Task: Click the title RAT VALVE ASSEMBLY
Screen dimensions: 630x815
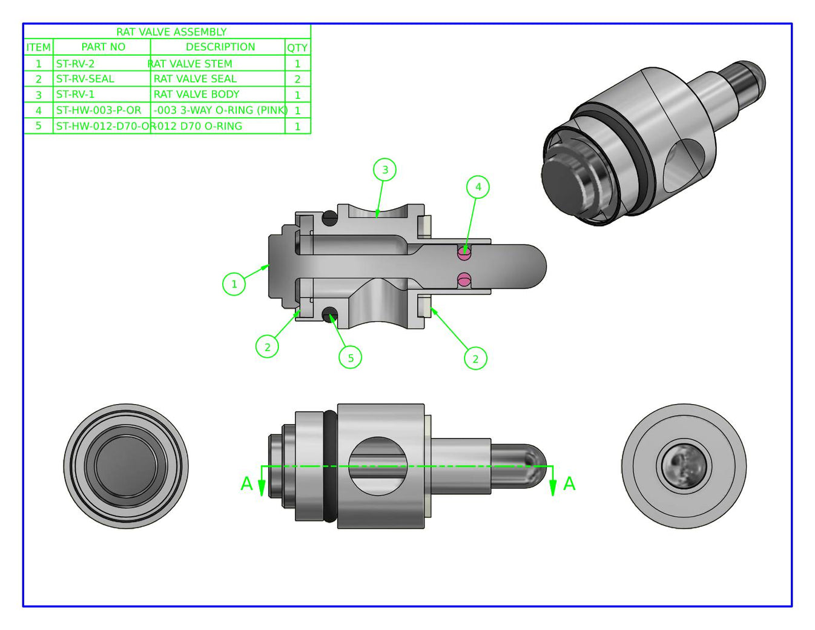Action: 171,32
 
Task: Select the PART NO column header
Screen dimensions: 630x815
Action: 103,47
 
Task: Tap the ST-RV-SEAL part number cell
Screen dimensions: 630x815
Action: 85,79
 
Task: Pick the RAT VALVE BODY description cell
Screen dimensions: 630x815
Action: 197,94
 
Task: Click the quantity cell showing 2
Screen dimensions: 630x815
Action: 297,79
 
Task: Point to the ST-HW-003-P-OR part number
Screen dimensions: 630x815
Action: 99,110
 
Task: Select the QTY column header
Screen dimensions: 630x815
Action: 297,47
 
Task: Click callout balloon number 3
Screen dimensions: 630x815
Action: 385,170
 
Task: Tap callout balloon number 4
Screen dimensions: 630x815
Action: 478,187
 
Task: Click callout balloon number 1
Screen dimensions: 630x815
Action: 234,283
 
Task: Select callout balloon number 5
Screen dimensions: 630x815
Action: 350,357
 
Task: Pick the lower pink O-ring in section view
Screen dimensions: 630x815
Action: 464,279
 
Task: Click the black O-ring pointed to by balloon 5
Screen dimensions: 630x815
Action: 330,314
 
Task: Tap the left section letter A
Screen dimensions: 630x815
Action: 246,484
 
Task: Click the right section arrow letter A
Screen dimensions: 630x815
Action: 569,484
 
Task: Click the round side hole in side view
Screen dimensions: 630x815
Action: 378,466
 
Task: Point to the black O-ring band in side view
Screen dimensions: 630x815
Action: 330,466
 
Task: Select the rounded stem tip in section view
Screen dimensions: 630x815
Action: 536,267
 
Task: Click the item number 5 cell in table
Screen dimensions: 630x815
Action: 38,126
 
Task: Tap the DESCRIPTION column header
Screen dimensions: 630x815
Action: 220,47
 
